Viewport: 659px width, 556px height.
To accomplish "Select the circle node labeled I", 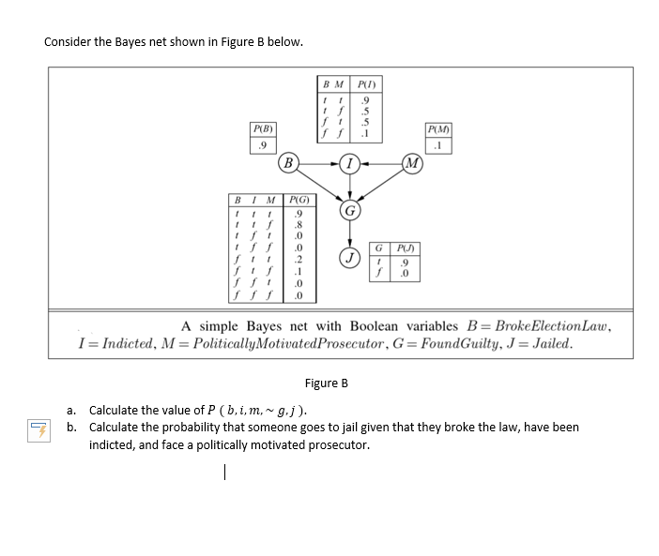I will click(349, 165).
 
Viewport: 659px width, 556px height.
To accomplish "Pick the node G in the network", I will click(349, 209).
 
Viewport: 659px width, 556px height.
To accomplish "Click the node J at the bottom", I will click(349, 256).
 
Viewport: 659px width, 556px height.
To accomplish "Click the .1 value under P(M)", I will click(437, 145).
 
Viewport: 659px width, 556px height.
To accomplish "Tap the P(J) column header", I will click(401, 248).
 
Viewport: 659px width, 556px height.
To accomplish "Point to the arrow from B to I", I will click(320, 165).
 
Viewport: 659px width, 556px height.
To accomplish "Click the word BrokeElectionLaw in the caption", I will click(552, 326).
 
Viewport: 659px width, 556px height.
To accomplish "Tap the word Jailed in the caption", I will click(550, 343).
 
